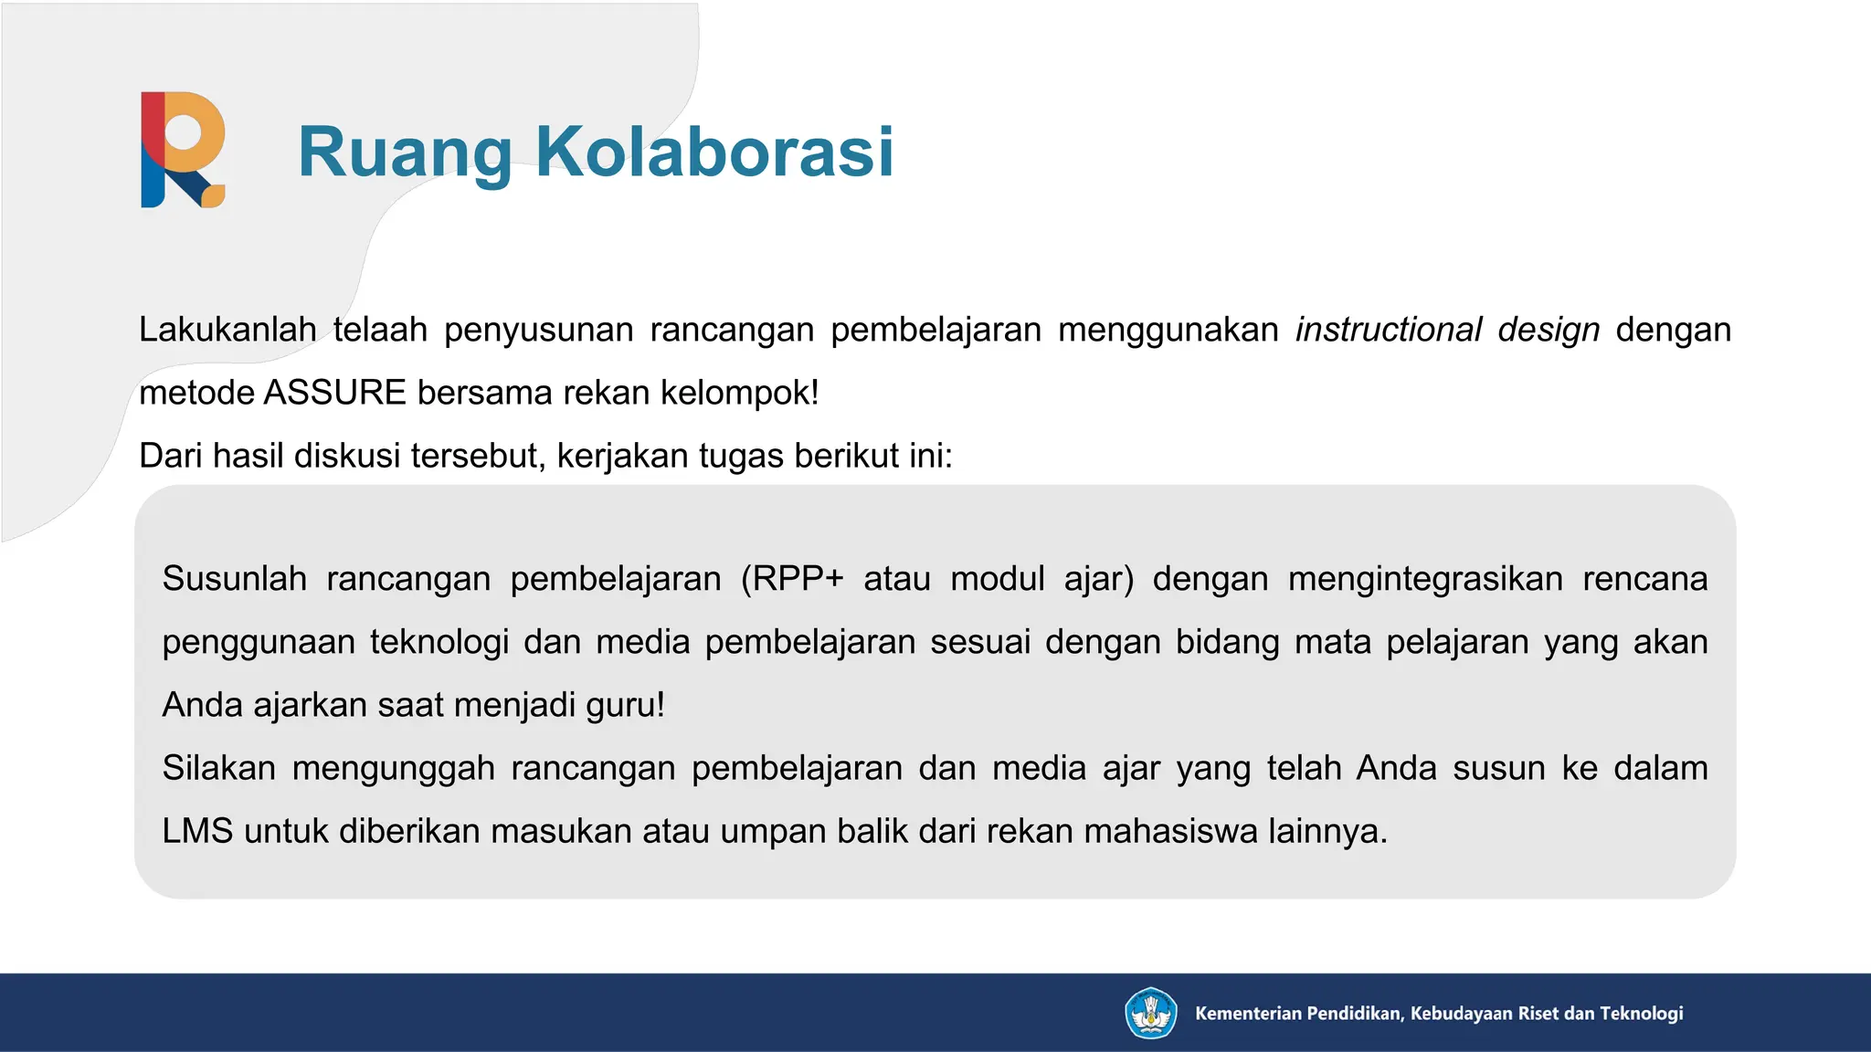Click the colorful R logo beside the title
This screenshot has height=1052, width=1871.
[183, 150]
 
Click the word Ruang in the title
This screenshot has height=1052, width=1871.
[405, 152]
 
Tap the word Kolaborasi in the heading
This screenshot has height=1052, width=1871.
[714, 152]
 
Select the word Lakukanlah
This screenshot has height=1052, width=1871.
[227, 330]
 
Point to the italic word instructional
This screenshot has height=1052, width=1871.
[1389, 330]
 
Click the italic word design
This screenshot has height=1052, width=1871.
[1549, 330]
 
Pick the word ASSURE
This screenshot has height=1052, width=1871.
[334, 393]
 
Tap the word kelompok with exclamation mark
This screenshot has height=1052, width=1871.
[739, 393]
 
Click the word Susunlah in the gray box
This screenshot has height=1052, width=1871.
[235, 579]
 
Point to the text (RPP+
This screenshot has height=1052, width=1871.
[792, 579]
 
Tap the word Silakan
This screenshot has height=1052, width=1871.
[219, 768]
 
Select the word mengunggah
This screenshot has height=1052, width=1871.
[393, 768]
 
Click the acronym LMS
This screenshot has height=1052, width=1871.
[197, 831]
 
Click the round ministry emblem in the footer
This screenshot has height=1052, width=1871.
[1150, 1013]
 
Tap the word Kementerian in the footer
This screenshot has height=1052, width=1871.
[1249, 1013]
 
